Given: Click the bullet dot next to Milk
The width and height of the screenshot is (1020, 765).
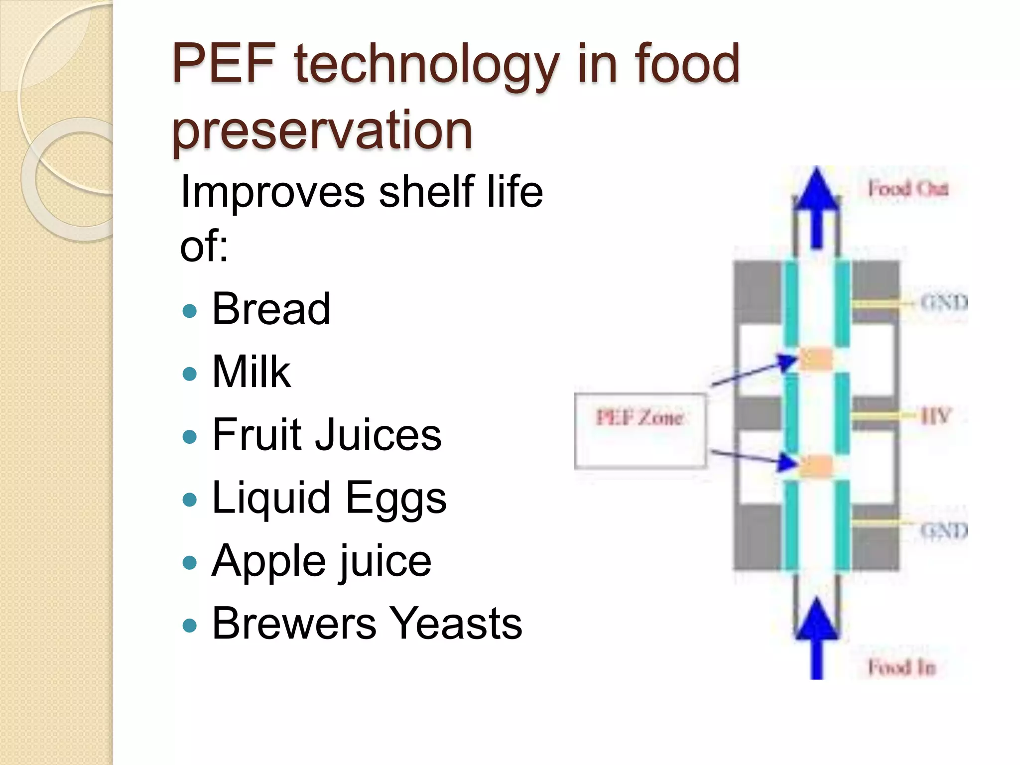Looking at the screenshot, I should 190,374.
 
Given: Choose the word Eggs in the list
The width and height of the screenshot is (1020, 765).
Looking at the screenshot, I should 396,498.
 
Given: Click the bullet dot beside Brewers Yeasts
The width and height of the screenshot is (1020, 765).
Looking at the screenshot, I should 190,625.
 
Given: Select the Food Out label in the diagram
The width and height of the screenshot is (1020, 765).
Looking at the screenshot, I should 908,189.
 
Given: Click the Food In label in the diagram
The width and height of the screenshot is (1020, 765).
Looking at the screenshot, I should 901,667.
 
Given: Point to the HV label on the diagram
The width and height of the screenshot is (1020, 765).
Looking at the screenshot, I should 936,415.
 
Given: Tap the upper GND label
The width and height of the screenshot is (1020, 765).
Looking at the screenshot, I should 943,302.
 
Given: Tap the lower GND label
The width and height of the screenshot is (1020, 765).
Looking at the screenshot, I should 943,530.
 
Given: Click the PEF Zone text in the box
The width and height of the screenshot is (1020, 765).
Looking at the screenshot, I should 639,417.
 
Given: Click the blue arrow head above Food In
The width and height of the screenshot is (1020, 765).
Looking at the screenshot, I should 817,620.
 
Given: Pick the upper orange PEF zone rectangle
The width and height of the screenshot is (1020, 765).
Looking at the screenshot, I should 816,359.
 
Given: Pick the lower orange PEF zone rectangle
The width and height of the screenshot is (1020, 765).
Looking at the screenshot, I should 816,466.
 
